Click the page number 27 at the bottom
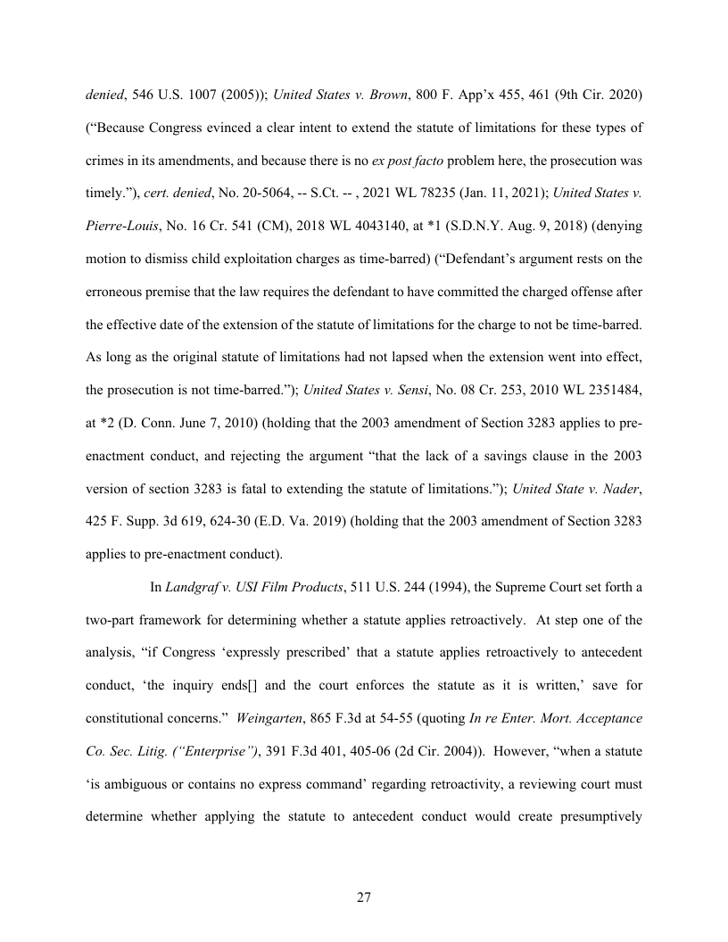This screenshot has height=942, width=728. pyautogui.click(x=363, y=897)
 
